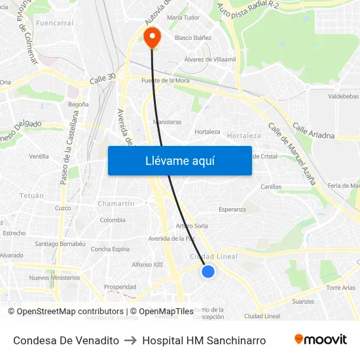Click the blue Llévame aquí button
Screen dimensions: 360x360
pos(179,160)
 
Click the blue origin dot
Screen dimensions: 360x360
pos(207,271)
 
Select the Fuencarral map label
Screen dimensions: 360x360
pos(55,23)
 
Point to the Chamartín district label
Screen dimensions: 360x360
pos(116,204)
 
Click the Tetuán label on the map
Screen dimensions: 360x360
pos(31,196)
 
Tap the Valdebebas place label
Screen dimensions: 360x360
pos(343,96)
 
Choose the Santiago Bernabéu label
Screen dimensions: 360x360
pos(60,243)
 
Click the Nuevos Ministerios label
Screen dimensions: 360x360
pos(54,278)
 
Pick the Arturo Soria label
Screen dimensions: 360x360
pos(192,226)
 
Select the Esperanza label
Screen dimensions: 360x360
pos(232,209)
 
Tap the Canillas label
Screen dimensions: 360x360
pos(271,187)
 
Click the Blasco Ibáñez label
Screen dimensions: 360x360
pos(193,38)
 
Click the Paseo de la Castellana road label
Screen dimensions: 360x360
pos(69,147)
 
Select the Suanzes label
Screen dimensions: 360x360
pos(303,302)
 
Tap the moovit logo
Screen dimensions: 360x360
pos(321,340)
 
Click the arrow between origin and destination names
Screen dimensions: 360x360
pos(130,340)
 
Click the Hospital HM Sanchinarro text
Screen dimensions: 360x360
pos(204,340)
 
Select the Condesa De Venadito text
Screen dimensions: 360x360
pos(66,340)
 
